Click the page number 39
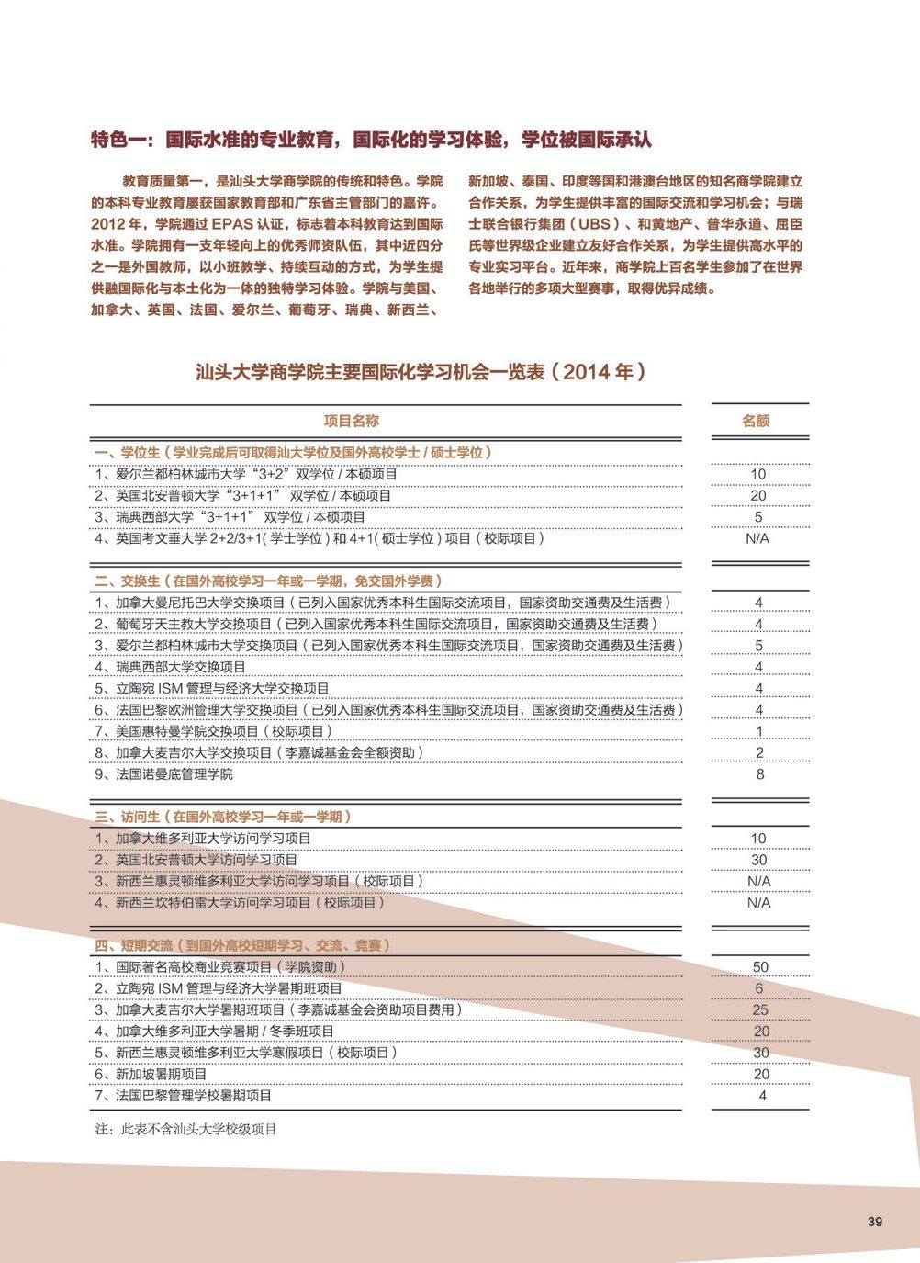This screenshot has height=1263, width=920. click(x=874, y=1222)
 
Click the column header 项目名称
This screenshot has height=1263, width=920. click(x=352, y=421)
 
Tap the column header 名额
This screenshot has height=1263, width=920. click(x=756, y=421)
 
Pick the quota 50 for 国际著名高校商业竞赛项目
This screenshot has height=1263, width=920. click(x=760, y=967)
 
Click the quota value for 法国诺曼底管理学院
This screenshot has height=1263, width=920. click(x=760, y=774)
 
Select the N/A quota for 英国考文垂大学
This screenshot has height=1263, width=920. click(x=757, y=539)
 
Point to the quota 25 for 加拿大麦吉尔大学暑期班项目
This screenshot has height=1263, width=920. click(x=760, y=1009)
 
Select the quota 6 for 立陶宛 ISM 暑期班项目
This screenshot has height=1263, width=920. click(x=759, y=988)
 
